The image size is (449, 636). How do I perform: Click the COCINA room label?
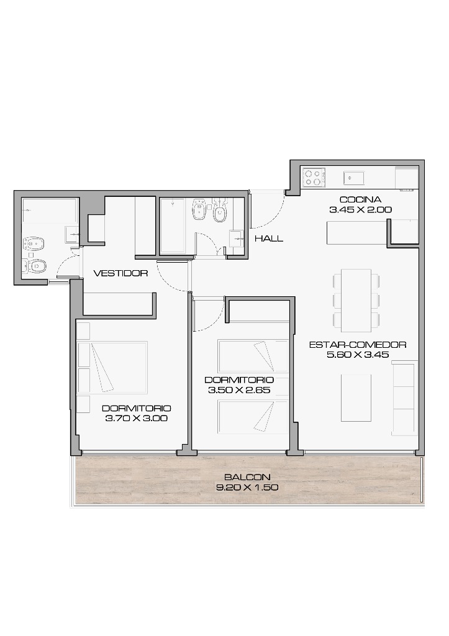pyautogui.click(x=360, y=199)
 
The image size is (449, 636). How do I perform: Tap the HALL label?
pyautogui.click(x=269, y=238)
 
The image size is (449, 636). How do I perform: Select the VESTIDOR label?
pyautogui.click(x=120, y=273)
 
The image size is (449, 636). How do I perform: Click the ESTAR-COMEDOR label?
pyautogui.click(x=358, y=345)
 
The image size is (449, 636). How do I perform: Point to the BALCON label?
pyautogui.click(x=247, y=478)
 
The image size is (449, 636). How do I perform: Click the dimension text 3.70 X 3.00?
pyautogui.click(x=136, y=418)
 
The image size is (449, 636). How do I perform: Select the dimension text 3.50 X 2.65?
pyautogui.click(x=239, y=390)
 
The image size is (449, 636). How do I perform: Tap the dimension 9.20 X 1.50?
pyautogui.click(x=247, y=488)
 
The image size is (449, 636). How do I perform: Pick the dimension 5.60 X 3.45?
pyautogui.click(x=358, y=355)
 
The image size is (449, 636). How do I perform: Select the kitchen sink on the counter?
pyautogui.click(x=354, y=178)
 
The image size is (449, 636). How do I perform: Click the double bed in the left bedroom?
pyautogui.click(x=112, y=368)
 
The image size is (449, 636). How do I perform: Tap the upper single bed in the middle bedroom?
pyautogui.click(x=253, y=357)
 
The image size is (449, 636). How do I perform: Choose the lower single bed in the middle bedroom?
pyautogui.click(x=253, y=417)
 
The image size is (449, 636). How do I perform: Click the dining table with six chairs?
pyautogui.click(x=356, y=300)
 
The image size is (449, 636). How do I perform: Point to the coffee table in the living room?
pyautogui.click(x=356, y=398)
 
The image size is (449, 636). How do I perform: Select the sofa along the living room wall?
pyautogui.click(x=404, y=399)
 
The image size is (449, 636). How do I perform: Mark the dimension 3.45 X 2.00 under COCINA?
pyautogui.click(x=360, y=210)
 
